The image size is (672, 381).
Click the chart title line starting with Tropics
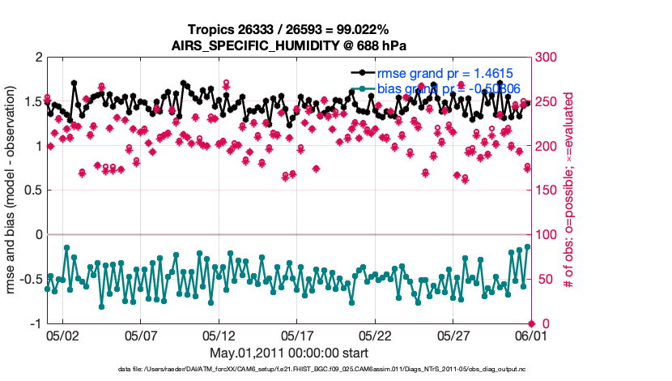tap(288, 30)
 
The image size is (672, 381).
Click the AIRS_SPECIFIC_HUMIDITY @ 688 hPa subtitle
tap(288, 45)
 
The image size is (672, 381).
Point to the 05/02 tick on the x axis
tap(62, 334)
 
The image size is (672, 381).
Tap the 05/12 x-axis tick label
tap(219, 334)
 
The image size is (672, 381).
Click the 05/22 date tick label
tap(376, 334)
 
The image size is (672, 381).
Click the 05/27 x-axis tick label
tap(453, 334)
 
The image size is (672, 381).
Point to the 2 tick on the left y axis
tap(36, 58)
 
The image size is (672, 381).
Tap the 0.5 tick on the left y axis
tap(32, 190)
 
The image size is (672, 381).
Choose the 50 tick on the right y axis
tap(542, 279)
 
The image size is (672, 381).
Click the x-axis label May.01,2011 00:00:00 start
tap(288, 353)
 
